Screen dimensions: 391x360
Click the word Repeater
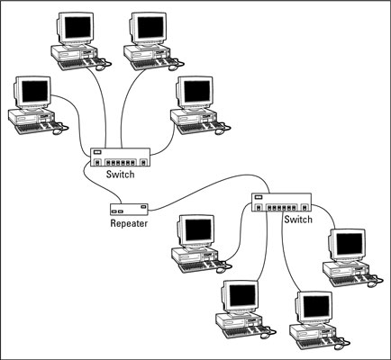coord(129,223)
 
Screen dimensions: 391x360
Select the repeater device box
coord(129,210)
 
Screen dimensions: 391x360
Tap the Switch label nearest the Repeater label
coord(120,175)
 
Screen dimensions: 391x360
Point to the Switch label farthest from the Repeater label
coord(298,220)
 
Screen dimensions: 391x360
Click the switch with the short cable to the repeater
coord(120,157)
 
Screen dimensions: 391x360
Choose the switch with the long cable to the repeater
coord(281,202)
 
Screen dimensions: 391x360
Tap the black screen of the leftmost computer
coord(35,91)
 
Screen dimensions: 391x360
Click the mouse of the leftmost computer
coord(57,131)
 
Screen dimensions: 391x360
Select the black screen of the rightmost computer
coord(350,244)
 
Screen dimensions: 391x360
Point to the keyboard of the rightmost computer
coord(350,280)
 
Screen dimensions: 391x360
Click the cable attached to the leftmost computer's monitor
coord(77,120)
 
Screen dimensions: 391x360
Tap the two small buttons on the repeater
coord(117,211)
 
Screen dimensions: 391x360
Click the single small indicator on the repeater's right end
coord(143,207)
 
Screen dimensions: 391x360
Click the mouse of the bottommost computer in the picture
coord(339,346)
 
